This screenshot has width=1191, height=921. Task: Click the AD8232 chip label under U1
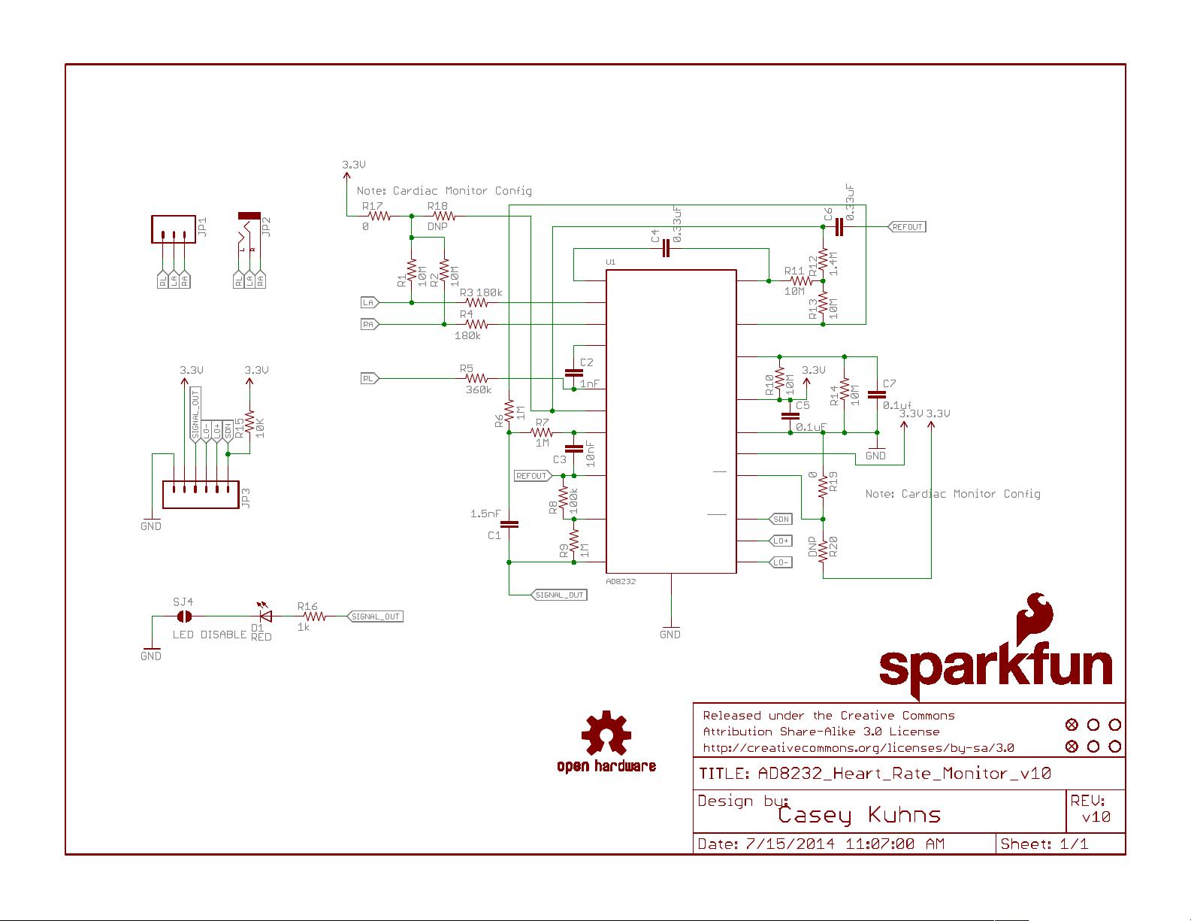tap(621, 581)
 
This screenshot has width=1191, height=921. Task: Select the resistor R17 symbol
tap(379, 216)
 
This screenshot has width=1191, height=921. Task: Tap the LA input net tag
tap(369, 302)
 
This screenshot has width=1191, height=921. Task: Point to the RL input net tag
tap(369, 378)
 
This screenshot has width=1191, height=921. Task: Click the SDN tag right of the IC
tap(781, 519)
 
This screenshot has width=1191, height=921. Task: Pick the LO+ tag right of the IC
tap(781, 541)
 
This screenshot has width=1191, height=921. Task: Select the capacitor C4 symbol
tap(666, 249)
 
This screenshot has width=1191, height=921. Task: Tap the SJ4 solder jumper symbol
tap(183, 617)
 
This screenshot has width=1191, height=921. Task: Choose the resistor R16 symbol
tap(313, 617)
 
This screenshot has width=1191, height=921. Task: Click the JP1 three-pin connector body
tap(173, 229)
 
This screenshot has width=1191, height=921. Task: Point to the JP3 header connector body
tap(201, 494)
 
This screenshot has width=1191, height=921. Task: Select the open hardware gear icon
tap(606, 734)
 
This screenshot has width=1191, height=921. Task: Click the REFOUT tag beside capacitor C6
tap(907, 226)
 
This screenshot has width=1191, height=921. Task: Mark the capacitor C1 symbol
tap(509, 524)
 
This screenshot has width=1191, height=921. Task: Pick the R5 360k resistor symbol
tap(477, 378)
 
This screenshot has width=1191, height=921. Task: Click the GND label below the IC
tap(670, 634)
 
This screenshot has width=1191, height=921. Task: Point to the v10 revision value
tap(1096, 817)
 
